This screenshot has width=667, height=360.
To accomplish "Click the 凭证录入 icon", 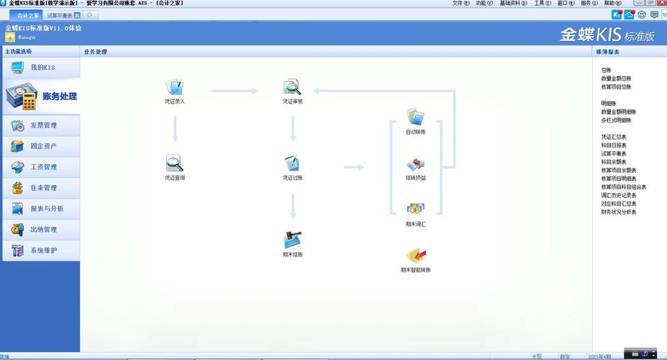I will pyautogui.click(x=174, y=88).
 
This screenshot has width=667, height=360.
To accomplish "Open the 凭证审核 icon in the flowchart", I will pyautogui.click(x=292, y=88).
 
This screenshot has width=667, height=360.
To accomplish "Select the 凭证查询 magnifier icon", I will pyautogui.click(x=174, y=163).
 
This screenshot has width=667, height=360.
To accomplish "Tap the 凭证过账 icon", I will pyautogui.click(x=292, y=163).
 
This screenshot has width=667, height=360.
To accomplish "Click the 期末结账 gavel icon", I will pyautogui.click(x=292, y=240).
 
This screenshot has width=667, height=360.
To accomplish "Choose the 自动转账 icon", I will pyautogui.click(x=415, y=117).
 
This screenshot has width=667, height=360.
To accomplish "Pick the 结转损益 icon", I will pyautogui.click(x=415, y=165).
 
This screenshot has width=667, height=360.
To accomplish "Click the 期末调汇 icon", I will pyautogui.click(x=415, y=210).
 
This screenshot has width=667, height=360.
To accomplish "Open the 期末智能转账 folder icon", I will pyautogui.click(x=415, y=255).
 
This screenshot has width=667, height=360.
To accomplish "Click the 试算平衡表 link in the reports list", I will pyautogui.click(x=614, y=153).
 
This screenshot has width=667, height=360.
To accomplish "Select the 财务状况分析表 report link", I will pyautogui.click(x=619, y=212).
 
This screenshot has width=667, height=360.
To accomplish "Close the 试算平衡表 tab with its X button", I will pyautogui.click(x=77, y=15).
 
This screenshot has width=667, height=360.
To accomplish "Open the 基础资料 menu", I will pyautogui.click(x=511, y=4).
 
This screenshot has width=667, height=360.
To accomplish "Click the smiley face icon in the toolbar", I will pyautogui.click(x=641, y=14).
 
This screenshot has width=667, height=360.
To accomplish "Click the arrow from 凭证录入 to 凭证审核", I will pyautogui.click(x=234, y=91).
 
